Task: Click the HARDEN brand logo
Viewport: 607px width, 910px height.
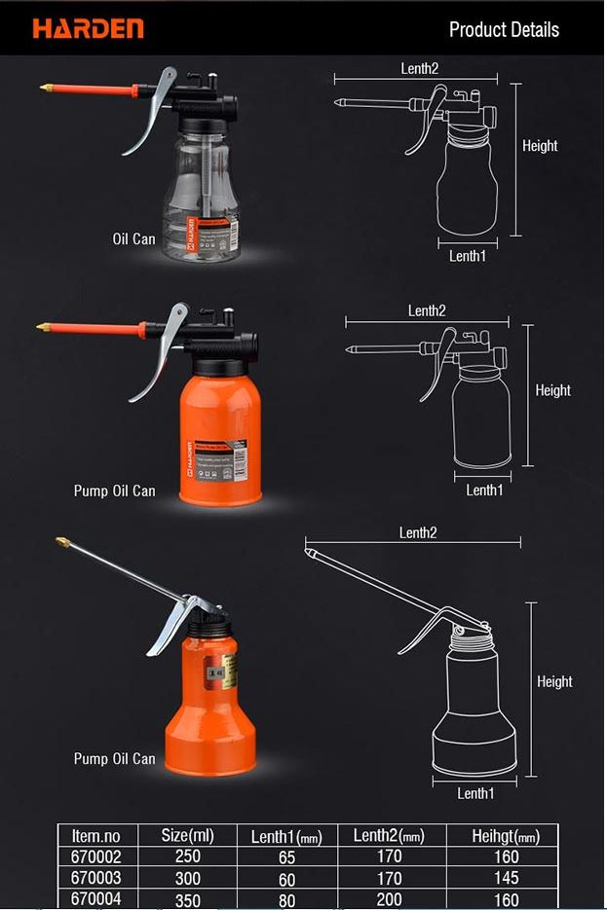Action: [88, 28]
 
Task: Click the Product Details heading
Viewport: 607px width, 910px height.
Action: [504, 29]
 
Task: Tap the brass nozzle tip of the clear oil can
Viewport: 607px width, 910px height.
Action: [46, 89]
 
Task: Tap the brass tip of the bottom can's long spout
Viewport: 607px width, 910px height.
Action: [62, 540]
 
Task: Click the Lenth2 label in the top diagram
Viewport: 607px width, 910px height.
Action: [420, 68]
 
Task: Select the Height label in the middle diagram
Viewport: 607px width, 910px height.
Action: [552, 390]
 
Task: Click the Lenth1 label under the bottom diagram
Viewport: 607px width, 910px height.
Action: [475, 793]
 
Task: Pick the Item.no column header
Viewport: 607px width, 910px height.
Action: [95, 835]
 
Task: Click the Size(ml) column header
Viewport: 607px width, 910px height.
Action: [187, 835]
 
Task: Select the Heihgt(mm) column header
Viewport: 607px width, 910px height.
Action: [505, 836]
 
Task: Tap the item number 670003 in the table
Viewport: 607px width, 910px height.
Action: [95, 878]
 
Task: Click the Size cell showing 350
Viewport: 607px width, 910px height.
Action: [187, 899]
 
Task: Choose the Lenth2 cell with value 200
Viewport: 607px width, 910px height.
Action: [389, 899]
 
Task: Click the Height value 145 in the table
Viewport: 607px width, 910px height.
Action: [507, 878]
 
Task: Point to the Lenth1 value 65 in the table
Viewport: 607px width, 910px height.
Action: [286, 857]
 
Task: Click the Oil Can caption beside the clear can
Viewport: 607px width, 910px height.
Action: [133, 238]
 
